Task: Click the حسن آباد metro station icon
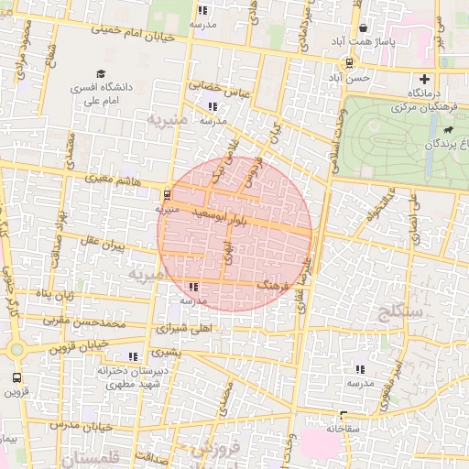350,63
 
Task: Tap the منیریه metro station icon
166,194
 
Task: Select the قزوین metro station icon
16,377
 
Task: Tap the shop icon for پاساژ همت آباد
364,28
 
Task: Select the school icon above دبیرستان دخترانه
134,356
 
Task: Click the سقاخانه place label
346,427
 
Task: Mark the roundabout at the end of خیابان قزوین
16,349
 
